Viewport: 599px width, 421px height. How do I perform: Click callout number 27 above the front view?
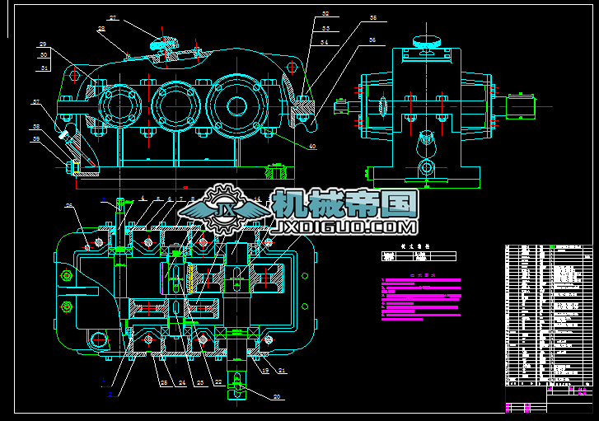click(113, 17)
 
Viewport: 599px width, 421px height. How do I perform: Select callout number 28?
click(101, 29)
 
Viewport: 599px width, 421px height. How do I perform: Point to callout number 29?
click(43, 44)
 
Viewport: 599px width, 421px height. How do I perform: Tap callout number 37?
click(36, 103)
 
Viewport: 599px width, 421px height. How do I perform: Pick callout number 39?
click(36, 138)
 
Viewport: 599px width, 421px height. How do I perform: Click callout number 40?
click(312, 147)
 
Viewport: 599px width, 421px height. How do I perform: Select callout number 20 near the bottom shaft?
click(277, 397)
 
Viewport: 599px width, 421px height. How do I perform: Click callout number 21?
click(282, 372)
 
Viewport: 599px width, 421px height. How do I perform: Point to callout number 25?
click(163, 382)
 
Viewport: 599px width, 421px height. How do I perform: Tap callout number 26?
click(70, 206)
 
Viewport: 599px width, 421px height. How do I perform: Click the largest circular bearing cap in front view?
click(236, 105)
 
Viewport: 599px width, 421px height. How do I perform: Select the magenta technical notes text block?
click(420, 297)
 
